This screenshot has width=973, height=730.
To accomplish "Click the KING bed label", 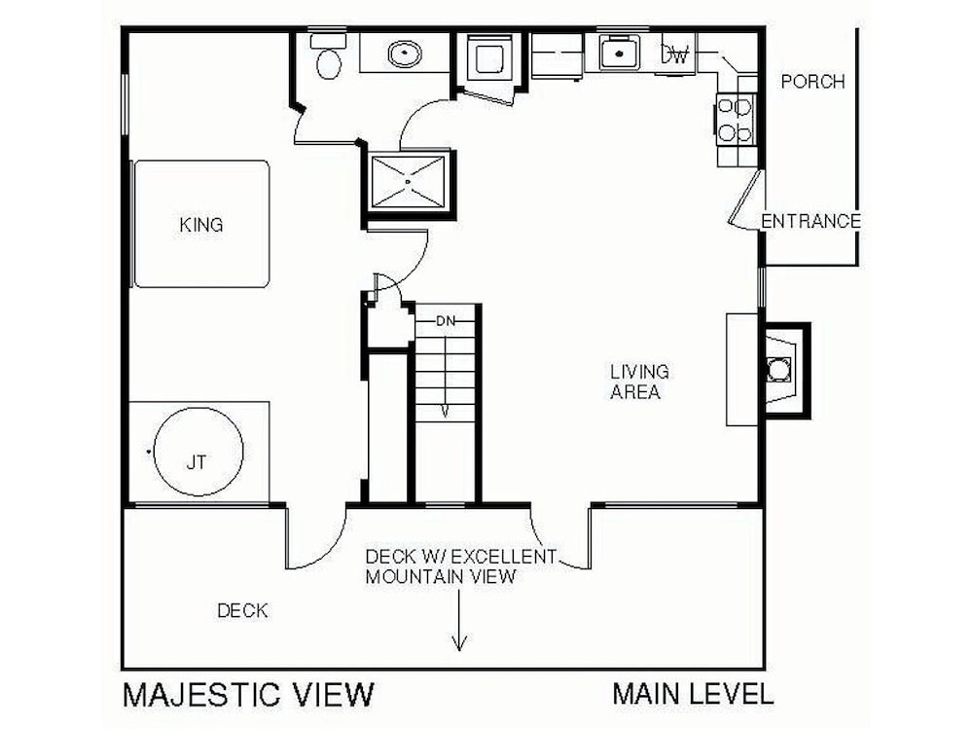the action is point(201,225).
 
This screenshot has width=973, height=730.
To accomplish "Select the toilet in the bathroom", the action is point(328,56).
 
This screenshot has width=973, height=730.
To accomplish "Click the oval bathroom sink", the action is point(405,54).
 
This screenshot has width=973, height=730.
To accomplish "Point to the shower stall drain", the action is point(408,181).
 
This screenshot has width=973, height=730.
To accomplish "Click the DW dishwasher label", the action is point(675,55).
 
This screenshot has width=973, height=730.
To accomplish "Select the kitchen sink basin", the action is point(619,53).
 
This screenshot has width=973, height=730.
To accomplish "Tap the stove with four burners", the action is point(736,120).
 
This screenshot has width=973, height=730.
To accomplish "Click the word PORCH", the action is point(812,82).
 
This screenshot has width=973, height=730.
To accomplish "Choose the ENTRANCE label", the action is point(811,221).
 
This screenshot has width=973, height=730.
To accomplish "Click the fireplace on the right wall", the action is point(785,370).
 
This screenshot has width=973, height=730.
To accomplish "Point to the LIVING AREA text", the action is point(639,382).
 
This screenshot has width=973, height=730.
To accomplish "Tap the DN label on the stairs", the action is point(446,321).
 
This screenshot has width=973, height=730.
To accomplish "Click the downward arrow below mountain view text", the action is point(459,620).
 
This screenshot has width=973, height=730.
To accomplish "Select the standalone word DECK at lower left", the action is point(242,611).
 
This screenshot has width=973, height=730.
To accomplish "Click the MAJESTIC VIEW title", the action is point(249,694).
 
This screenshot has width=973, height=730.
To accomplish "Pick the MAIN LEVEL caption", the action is point(693,693).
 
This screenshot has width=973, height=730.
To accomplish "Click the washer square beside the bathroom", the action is point(489,59).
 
